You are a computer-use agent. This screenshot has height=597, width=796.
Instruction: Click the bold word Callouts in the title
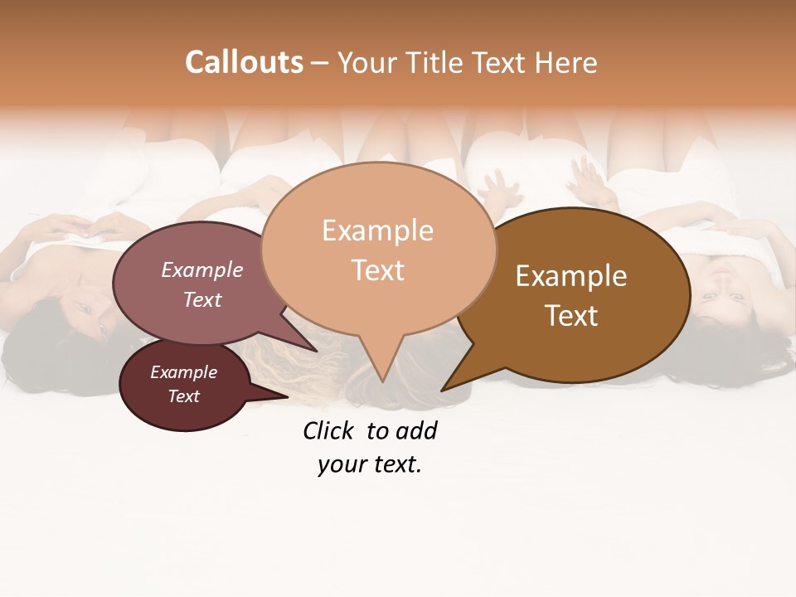pos(244,62)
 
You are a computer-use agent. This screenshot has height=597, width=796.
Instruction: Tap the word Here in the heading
pos(565,63)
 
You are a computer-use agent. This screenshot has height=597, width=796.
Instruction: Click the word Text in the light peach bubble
pos(377,269)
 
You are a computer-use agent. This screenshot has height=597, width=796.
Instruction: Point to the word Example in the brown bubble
pos(571,275)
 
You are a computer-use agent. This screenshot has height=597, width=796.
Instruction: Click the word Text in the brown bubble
pos(571,315)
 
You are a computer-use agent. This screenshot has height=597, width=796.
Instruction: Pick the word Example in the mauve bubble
pos(201,269)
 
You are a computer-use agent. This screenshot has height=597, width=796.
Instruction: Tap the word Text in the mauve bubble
pos(201,299)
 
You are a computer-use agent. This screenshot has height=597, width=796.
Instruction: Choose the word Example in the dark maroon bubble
pos(183,372)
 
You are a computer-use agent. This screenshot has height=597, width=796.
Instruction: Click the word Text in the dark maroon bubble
pos(183,396)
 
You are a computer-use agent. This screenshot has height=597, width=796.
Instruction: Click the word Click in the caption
pos(328,430)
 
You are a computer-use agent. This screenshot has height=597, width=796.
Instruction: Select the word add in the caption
pos(417,430)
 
